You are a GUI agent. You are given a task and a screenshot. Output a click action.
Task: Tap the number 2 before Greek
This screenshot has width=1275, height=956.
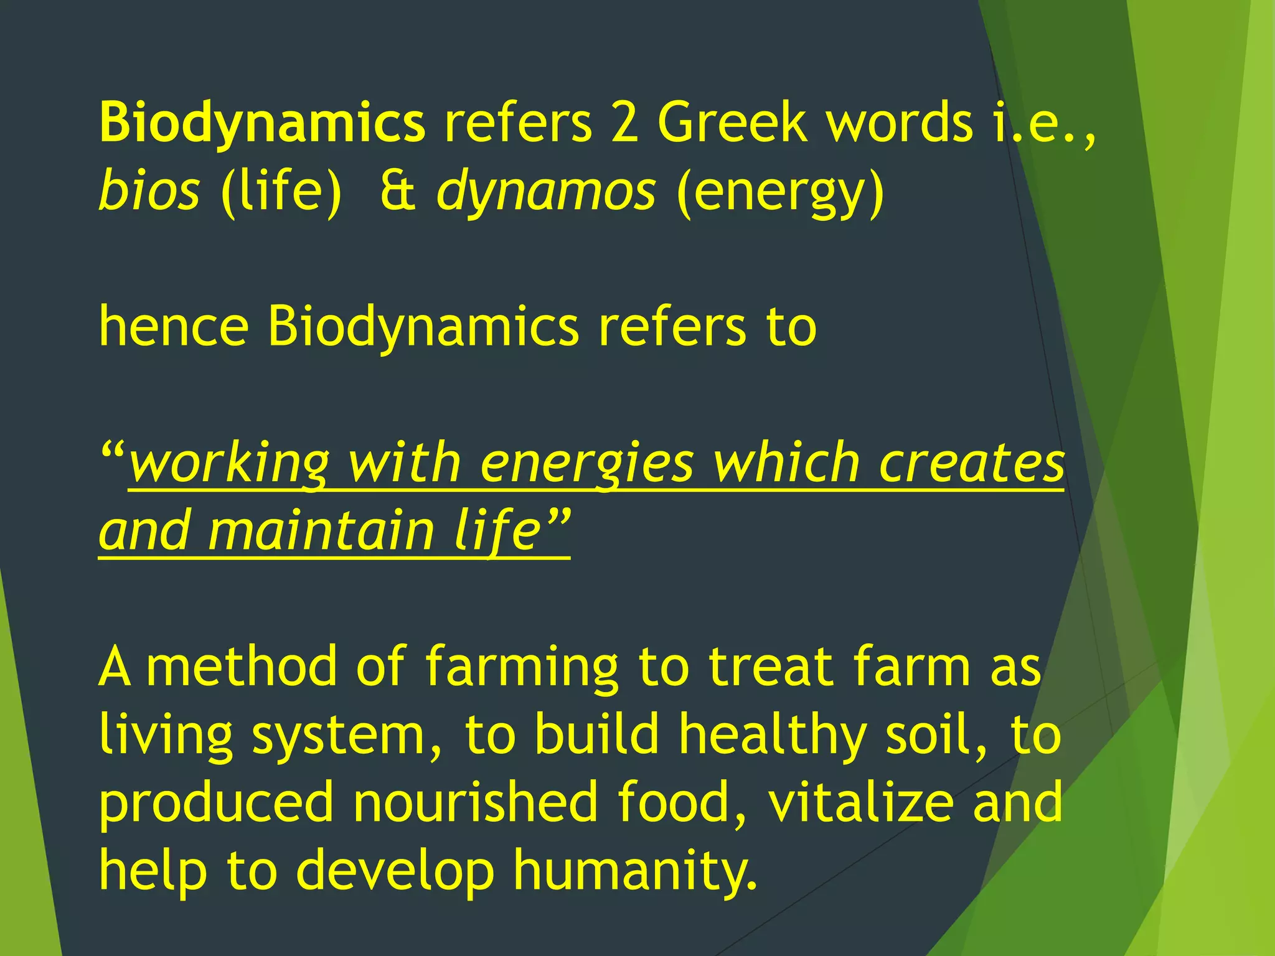624,123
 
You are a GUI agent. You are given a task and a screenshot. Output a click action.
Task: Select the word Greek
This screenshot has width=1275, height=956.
732,123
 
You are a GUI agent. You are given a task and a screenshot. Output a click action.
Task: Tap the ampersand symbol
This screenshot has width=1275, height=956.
398,190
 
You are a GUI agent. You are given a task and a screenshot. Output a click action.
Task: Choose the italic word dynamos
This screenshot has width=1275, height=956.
546,190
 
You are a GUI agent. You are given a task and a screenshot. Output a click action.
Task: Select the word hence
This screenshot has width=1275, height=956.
174,327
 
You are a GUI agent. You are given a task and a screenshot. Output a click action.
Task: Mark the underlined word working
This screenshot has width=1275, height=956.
228,464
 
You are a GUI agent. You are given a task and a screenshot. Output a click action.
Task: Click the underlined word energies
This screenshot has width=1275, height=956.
587,464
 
